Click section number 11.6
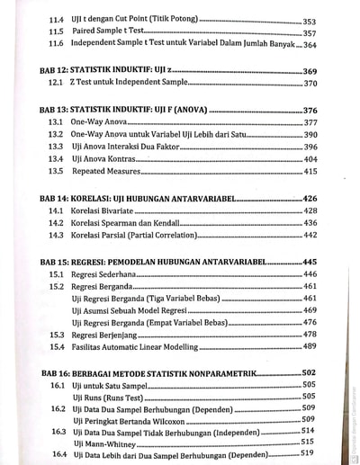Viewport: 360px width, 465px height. click(56, 44)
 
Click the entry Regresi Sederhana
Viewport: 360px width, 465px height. click(106, 273)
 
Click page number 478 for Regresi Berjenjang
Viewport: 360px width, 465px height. click(310, 334)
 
